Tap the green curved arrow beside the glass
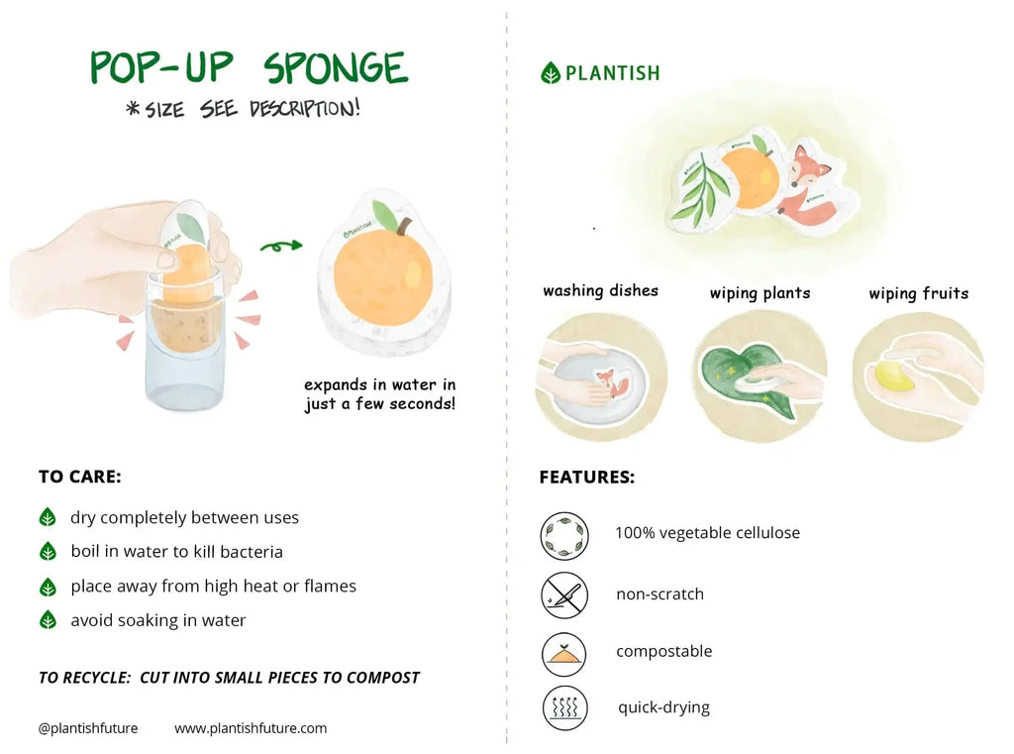click(281, 245)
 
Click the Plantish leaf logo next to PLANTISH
click(551, 72)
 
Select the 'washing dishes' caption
click(600, 290)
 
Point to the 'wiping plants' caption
click(760, 293)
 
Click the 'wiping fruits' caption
click(918, 293)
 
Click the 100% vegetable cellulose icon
click(564, 535)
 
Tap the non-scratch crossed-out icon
click(564, 594)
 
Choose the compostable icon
click(564, 653)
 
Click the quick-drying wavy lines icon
click(564, 707)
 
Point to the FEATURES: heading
click(586, 478)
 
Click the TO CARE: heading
click(79, 477)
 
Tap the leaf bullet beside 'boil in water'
click(48, 552)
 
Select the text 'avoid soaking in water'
click(158, 620)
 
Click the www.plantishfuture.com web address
click(251, 728)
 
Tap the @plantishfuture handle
click(88, 728)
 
